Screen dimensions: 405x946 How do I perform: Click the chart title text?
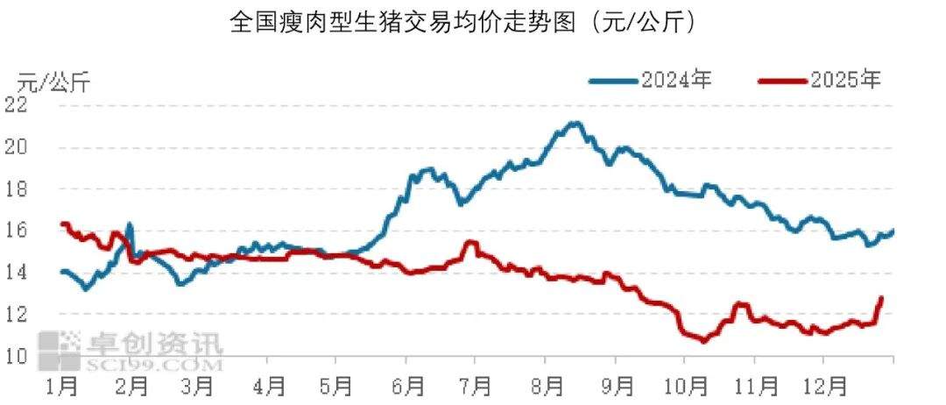click(463, 21)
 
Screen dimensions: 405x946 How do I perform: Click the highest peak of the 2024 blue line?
click(574, 124)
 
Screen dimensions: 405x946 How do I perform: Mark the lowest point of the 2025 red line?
click(702, 341)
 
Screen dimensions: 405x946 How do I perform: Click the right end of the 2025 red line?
click(881, 298)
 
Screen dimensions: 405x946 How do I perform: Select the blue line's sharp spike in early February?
click(130, 224)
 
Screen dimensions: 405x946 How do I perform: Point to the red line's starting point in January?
click(61, 224)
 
